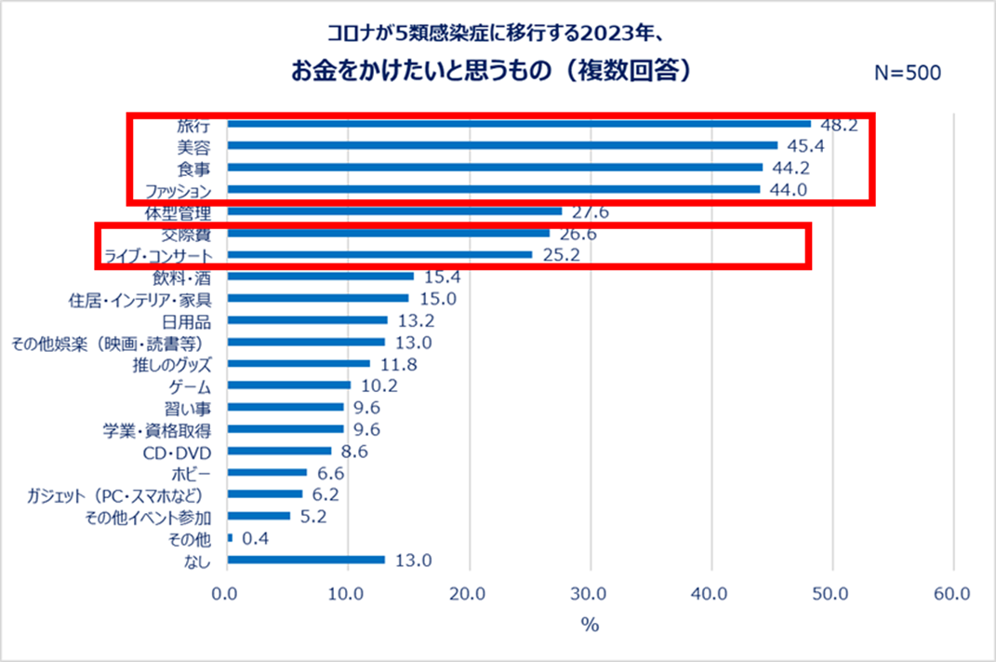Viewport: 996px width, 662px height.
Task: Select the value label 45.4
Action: pos(806,146)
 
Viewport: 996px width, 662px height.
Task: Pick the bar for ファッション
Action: pos(493,189)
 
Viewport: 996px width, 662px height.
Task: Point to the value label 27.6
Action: pos(590,212)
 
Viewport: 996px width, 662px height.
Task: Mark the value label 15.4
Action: pos(441,277)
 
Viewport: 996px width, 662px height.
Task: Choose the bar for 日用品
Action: pos(306,319)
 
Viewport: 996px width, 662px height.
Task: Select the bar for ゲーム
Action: pos(288,385)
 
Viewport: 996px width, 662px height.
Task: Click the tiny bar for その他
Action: pos(230,537)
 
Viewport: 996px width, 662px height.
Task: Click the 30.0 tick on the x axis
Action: pos(590,593)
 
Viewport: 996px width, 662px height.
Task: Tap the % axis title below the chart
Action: pos(590,625)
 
